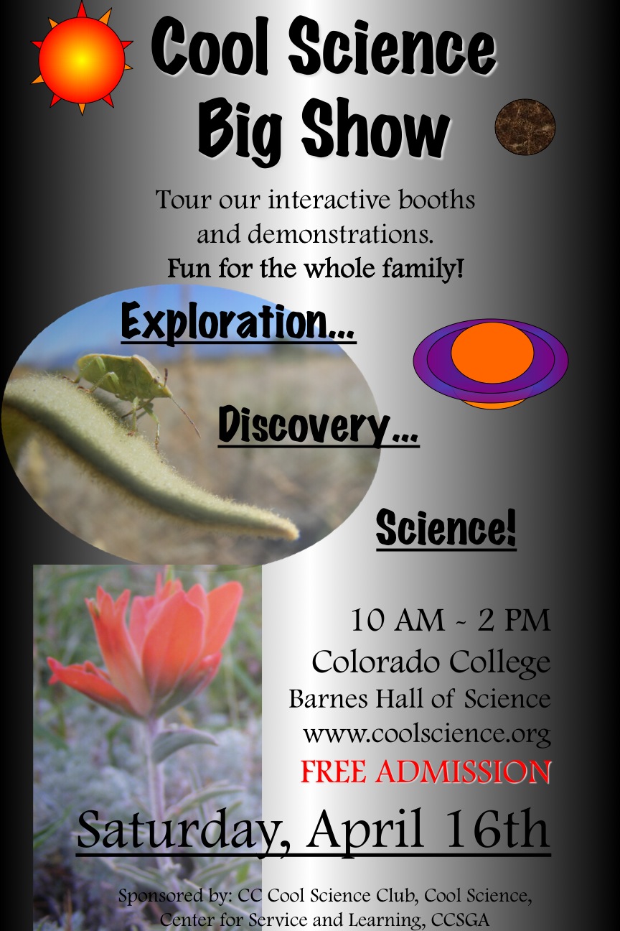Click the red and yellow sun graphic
[x=83, y=59]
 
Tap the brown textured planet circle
[x=525, y=126]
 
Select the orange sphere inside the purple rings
[x=492, y=353]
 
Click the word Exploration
[x=238, y=322]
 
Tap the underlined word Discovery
[x=318, y=426]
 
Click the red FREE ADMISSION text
[x=426, y=772]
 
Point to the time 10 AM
[x=397, y=621]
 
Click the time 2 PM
[x=514, y=621]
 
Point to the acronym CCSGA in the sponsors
[x=460, y=920]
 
